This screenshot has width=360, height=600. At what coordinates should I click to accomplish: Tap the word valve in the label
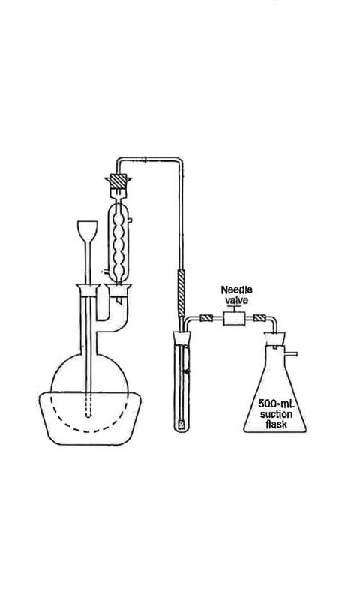pyautogui.click(x=236, y=300)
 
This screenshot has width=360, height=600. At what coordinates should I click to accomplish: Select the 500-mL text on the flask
pyautogui.click(x=274, y=403)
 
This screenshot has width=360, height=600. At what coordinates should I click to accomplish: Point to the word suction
pyautogui.click(x=276, y=414)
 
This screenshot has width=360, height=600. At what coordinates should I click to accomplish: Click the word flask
pyautogui.click(x=276, y=424)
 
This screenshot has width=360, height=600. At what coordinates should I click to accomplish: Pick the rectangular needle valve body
pyautogui.click(x=234, y=318)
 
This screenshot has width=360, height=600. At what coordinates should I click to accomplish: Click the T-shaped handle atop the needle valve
pyautogui.click(x=233, y=308)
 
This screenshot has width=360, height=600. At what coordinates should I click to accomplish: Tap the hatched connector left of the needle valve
pyautogui.click(x=205, y=317)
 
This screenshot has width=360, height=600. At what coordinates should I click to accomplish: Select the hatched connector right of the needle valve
pyautogui.click(x=259, y=317)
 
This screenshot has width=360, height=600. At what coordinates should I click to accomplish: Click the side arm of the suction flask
pyautogui.click(x=291, y=354)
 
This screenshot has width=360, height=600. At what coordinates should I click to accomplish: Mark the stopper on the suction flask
pyautogui.click(x=274, y=338)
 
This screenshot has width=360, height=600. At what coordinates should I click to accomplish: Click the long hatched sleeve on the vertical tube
pyautogui.click(x=181, y=293)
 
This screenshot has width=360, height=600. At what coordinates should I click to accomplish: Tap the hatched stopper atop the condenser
pyautogui.click(x=118, y=181)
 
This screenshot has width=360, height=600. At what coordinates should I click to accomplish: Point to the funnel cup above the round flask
pyautogui.click(x=88, y=231)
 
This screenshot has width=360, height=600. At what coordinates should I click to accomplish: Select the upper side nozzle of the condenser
pyautogui.click(x=130, y=220)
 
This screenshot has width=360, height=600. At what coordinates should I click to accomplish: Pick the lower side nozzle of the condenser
pyautogui.click(x=103, y=271)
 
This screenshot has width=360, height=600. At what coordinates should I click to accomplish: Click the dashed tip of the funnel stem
pyautogui.click(x=88, y=406)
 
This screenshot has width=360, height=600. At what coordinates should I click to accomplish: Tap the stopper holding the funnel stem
pyautogui.click(x=88, y=290)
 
